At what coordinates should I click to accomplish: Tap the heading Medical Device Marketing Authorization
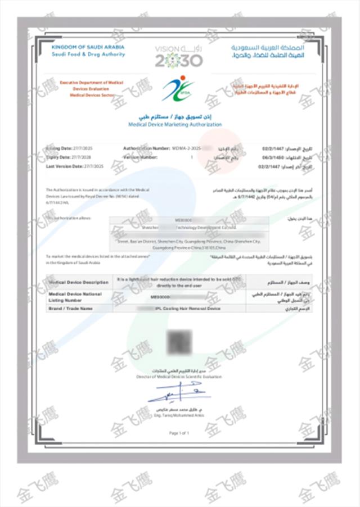[175, 124]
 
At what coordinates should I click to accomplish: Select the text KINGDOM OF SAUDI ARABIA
[84, 48]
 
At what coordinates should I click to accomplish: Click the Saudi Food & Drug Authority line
[89, 55]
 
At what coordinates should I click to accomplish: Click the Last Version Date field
[75, 167]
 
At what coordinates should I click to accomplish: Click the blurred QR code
[178, 342]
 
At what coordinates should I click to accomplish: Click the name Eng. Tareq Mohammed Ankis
[179, 415]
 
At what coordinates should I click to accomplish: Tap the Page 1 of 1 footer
[179, 433]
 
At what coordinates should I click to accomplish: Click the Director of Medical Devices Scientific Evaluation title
[178, 376]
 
